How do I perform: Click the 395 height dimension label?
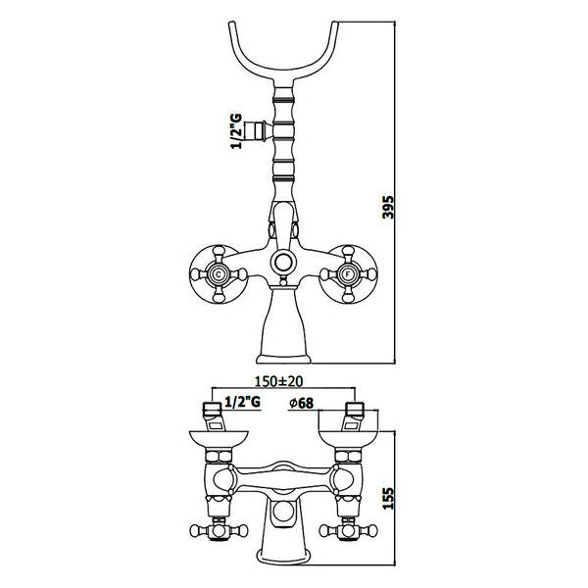pos(388,206)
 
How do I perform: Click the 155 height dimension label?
pos(388,499)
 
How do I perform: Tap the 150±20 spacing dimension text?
pos(278,381)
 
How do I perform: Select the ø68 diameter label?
pos(301,403)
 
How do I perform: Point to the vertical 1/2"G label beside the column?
pos(236,131)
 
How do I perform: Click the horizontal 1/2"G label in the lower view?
pos(242,402)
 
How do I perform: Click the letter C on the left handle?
pos(219,274)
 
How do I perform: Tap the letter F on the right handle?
pos(348,274)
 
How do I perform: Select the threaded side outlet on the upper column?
pos(256,131)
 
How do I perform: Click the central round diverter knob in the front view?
pos(283,262)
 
